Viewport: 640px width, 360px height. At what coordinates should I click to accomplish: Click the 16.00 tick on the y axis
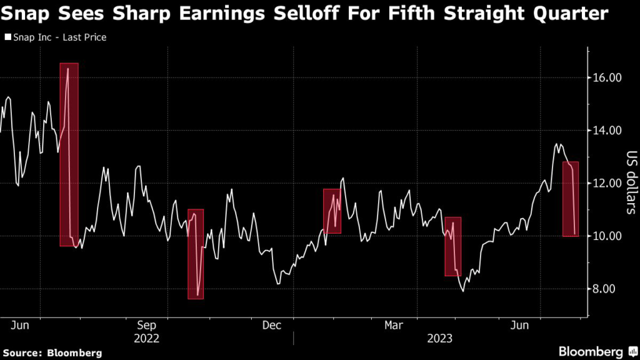pos(606,78)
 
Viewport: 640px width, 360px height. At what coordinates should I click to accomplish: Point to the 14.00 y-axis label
pos(606,131)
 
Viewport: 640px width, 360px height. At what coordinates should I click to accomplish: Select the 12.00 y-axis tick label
pos(606,183)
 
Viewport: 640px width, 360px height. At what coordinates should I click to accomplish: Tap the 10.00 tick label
pos(606,236)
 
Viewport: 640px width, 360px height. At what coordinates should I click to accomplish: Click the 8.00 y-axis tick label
pos(608,289)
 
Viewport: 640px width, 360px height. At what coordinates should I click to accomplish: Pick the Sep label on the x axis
pos(146,326)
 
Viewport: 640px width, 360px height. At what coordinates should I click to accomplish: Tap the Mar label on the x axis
pos(394,326)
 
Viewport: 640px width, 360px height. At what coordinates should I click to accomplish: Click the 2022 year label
pos(146,338)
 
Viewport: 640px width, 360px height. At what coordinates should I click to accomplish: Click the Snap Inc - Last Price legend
pos(56,37)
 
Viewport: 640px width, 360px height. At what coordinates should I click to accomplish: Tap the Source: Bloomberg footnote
pos(52,352)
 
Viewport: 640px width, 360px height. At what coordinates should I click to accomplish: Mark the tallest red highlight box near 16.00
pos(69,154)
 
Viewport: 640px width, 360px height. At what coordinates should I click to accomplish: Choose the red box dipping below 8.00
pos(196,254)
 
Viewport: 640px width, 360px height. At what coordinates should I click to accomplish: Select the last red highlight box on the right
pos(571,199)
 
